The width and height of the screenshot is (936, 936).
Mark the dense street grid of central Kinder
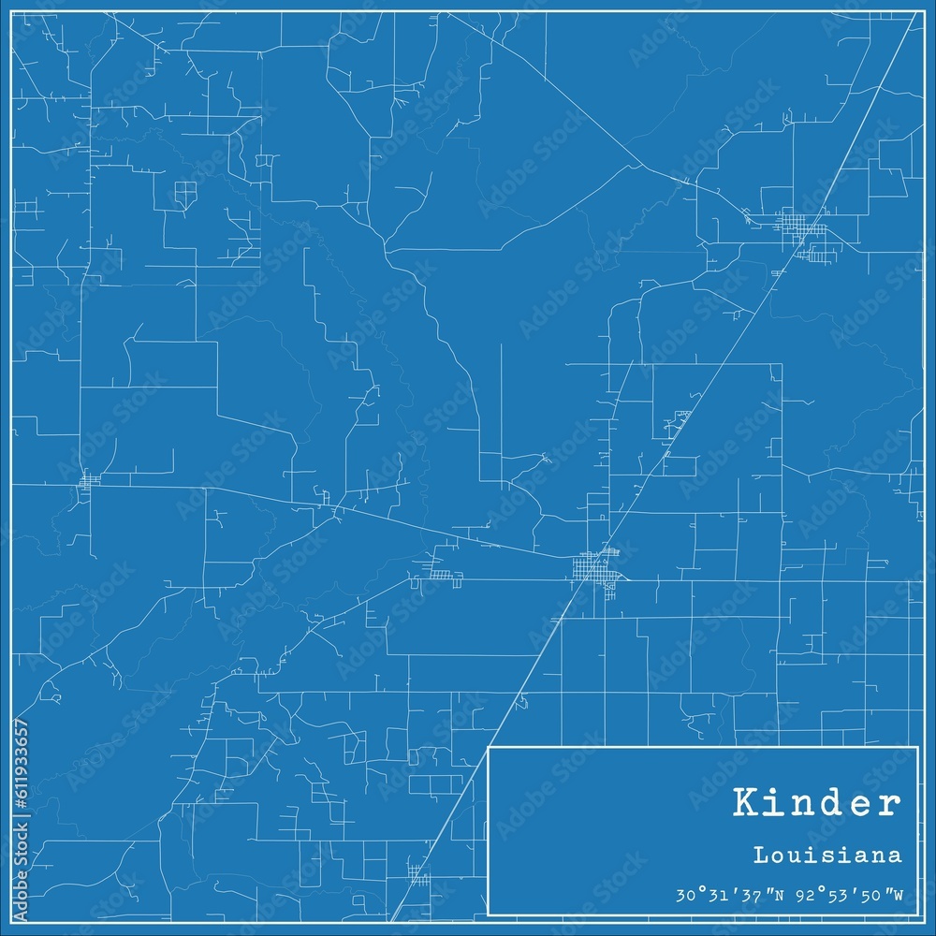[595, 567]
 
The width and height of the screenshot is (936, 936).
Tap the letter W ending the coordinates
[898, 894]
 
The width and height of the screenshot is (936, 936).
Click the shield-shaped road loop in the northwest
[185, 194]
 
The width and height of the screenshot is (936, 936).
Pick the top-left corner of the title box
[490, 747]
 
